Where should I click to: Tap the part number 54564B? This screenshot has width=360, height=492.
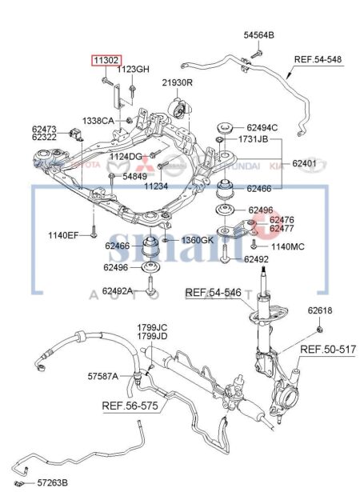258,36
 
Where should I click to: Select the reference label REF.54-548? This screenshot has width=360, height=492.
318,60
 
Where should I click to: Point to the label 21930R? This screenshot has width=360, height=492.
177,82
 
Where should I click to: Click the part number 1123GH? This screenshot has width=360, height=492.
133,70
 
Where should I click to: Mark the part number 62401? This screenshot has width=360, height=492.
305,163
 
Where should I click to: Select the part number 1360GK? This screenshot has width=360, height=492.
196,240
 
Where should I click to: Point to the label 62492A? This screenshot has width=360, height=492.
118,290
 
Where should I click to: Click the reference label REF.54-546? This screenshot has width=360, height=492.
214,293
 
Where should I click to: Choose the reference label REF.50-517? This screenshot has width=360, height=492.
327,350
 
